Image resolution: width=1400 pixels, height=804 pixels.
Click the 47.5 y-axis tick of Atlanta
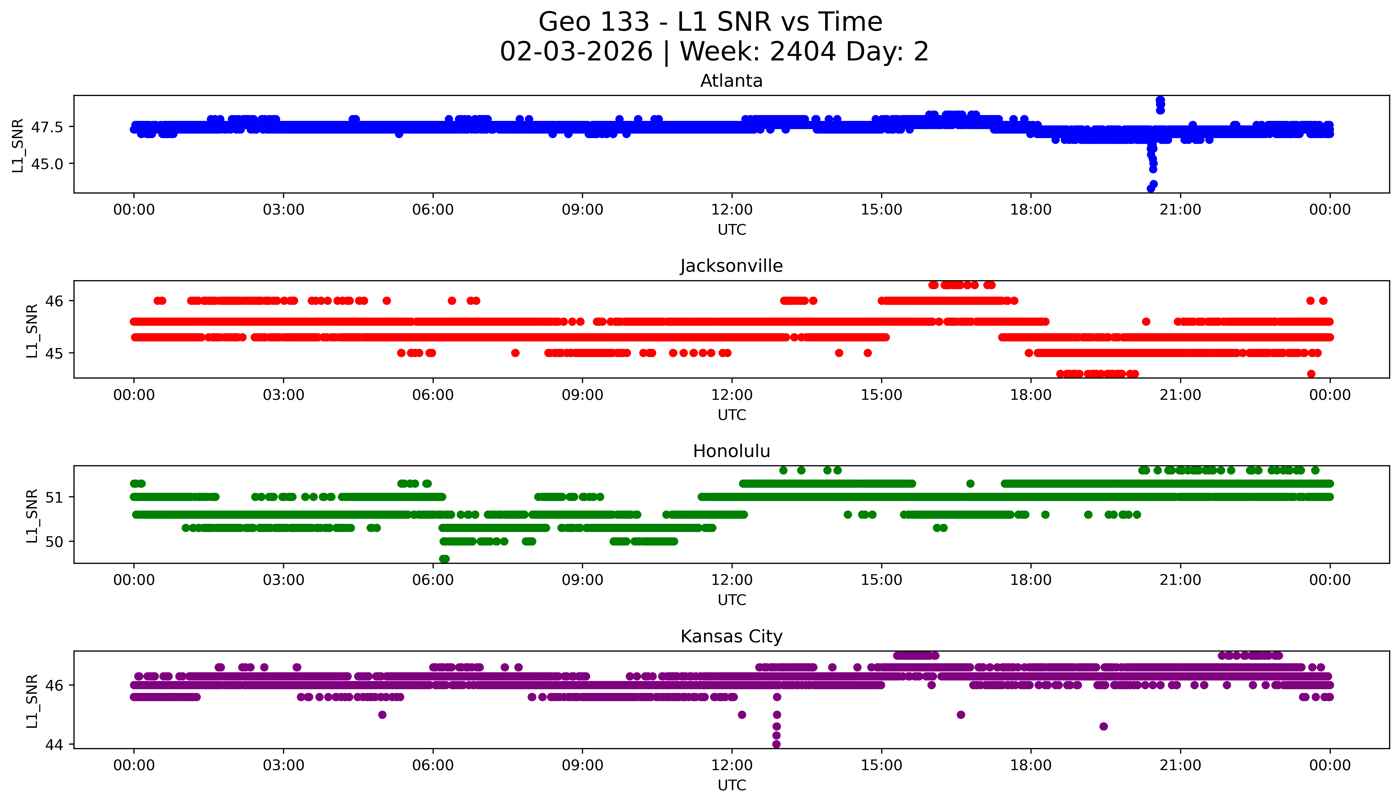click(x=47, y=127)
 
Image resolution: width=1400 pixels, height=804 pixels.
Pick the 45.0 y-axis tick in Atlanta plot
click(x=47, y=164)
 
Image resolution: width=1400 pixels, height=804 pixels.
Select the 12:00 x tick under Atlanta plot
click(x=732, y=210)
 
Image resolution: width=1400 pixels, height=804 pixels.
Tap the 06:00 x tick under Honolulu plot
click(x=433, y=580)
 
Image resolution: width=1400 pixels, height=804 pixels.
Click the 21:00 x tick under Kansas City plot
click(x=1180, y=765)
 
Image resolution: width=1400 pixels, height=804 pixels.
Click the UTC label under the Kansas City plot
click(x=732, y=785)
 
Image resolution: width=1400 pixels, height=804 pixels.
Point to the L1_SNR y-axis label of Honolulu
click(x=32, y=515)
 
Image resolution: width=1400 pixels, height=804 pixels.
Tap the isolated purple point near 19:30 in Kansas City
click(x=1103, y=726)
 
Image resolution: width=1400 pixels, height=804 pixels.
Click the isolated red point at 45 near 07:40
click(x=515, y=353)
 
